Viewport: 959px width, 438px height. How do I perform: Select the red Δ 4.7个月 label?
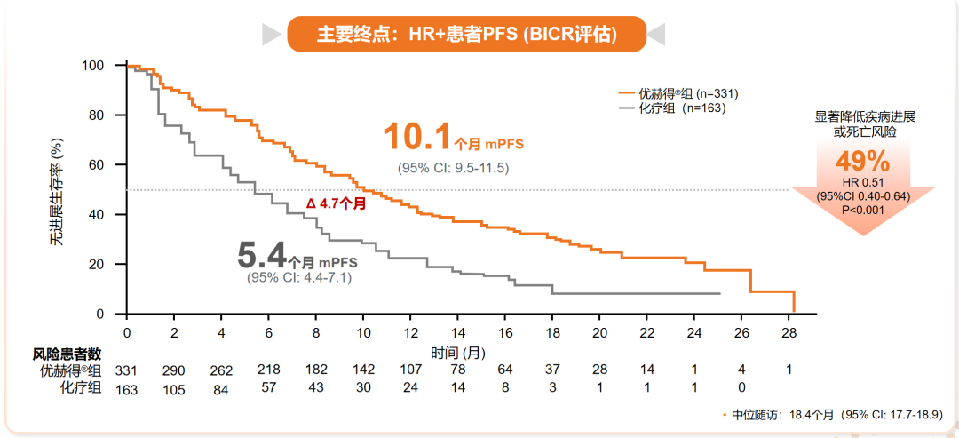(337, 203)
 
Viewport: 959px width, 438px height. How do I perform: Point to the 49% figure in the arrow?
(861, 162)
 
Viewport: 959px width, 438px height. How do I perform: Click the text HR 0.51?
(861, 182)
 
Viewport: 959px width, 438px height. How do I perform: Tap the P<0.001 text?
(861, 210)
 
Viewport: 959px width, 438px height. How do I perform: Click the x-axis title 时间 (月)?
(458, 353)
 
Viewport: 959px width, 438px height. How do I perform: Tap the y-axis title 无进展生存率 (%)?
(57, 191)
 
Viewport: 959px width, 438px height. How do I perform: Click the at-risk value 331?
(127, 370)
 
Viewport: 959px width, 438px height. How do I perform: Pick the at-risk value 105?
(174, 387)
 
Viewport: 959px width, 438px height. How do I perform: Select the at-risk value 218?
(268, 370)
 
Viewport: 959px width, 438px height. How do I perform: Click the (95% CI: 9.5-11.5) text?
(453, 168)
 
